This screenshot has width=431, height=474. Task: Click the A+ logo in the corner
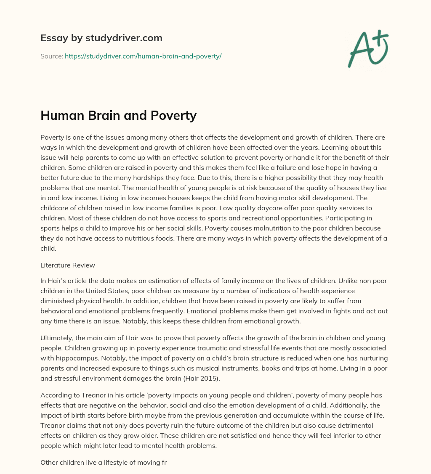[x=368, y=48]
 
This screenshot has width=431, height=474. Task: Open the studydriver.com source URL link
[x=143, y=56]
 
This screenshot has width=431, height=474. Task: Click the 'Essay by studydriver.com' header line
[x=101, y=38]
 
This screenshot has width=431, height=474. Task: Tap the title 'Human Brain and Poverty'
[x=118, y=115]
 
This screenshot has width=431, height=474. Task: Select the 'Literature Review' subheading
[x=68, y=265]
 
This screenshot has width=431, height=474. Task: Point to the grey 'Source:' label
[x=52, y=56]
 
